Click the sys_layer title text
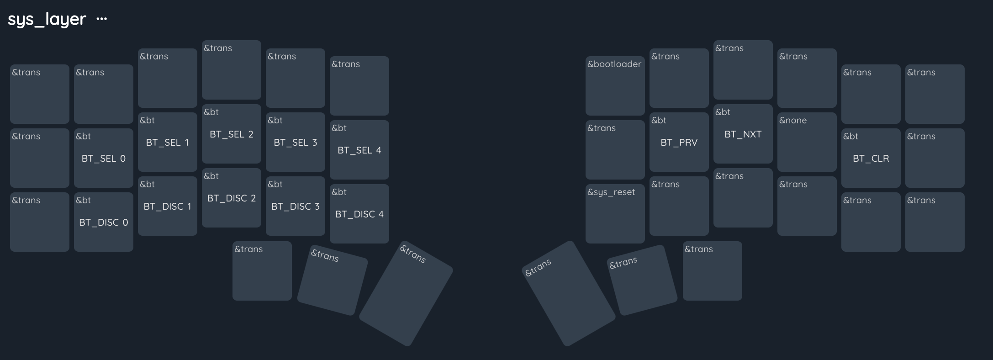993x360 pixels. click(x=47, y=19)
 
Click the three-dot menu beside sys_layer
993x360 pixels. click(x=101, y=19)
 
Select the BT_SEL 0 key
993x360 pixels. click(x=104, y=158)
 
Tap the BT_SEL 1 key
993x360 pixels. click(x=168, y=142)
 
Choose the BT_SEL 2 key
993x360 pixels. click(x=232, y=134)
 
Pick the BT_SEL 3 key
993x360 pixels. click(x=296, y=142)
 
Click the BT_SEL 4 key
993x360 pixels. click(x=359, y=150)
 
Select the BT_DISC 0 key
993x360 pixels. click(x=104, y=222)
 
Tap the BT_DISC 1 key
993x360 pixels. click(x=168, y=206)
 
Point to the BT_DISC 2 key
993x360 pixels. click(x=232, y=198)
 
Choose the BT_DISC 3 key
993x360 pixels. click(x=296, y=206)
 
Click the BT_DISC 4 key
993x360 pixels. click(x=359, y=214)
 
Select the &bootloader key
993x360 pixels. click(x=615, y=86)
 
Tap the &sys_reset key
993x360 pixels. click(x=615, y=214)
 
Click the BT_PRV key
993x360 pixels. click(x=679, y=142)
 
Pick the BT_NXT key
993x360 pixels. click(x=743, y=134)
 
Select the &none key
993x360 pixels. click(x=807, y=142)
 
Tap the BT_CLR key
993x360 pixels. click(x=871, y=158)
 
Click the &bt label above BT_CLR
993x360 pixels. click(x=850, y=136)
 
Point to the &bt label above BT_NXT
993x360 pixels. click(x=723, y=112)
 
